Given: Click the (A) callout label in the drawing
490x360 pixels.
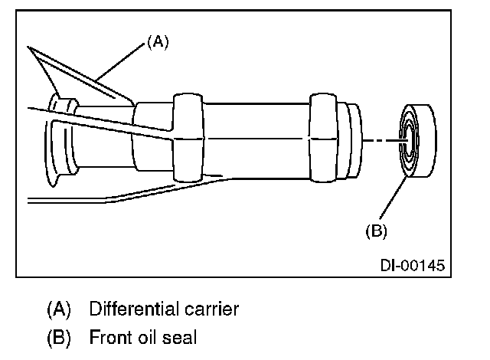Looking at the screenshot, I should [156, 44].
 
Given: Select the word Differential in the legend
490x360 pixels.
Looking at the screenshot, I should [131, 309].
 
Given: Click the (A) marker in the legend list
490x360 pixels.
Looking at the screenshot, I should [58, 309].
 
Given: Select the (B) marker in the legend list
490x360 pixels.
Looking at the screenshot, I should [58, 336].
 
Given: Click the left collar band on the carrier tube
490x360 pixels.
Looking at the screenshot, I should [189, 138].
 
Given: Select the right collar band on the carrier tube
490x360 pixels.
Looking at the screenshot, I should [322, 138].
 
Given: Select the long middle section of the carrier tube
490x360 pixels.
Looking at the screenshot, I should [256, 138].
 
